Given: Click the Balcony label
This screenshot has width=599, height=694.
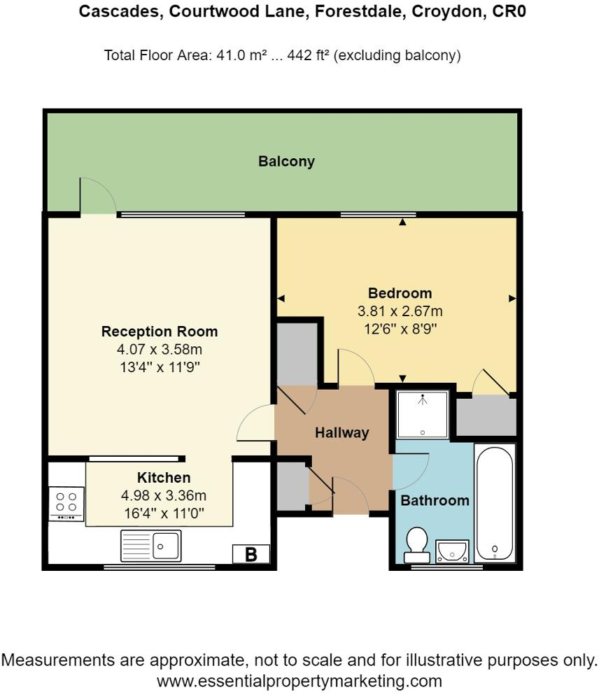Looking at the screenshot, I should pyautogui.click(x=286, y=162).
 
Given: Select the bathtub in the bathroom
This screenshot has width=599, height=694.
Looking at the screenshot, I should pyautogui.click(x=495, y=502).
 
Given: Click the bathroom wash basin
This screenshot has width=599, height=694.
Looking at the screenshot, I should pyautogui.click(x=452, y=552).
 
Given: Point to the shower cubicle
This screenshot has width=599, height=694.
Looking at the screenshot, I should pyautogui.click(x=423, y=415).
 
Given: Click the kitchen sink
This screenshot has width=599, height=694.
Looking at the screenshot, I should pyautogui.click(x=151, y=546).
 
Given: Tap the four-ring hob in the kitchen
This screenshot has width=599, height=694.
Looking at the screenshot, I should pyautogui.click(x=66, y=503).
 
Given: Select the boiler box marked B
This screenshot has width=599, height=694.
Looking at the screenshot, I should pyautogui.click(x=251, y=554).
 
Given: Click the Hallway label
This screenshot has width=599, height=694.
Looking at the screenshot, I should pyautogui.click(x=341, y=433).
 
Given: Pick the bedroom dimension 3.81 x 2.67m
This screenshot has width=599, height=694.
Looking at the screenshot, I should pyautogui.click(x=400, y=311).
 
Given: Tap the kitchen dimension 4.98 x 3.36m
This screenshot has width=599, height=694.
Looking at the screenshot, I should pyautogui.click(x=163, y=495).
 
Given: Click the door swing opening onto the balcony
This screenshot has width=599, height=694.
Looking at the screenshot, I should pyautogui.click(x=97, y=196).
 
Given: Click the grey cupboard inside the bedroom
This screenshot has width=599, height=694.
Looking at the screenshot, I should pyautogui.click(x=486, y=416).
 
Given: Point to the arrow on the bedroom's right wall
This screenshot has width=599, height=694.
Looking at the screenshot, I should pyautogui.click(x=512, y=298).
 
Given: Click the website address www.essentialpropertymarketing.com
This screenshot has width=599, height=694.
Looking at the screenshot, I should pyautogui.click(x=299, y=680).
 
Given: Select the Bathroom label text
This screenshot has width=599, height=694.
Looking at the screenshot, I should pyautogui.click(x=435, y=500).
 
